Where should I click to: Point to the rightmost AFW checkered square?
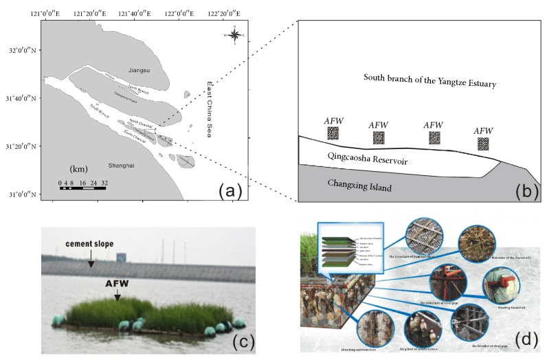pos(484,144)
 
